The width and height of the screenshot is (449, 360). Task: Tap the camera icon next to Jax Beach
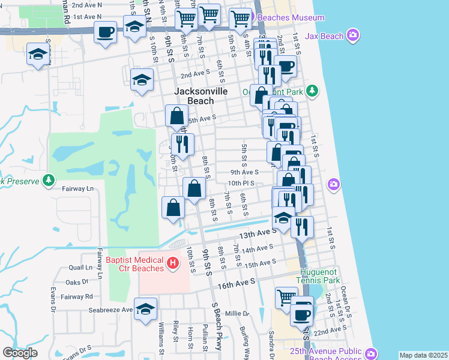pyautogui.click(x=354, y=36)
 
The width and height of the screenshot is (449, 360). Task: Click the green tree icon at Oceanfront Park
pyautogui.click(x=312, y=91)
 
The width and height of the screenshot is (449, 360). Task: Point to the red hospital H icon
pyautogui.click(x=173, y=262)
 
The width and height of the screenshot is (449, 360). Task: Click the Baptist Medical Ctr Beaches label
pyautogui.click(x=134, y=264)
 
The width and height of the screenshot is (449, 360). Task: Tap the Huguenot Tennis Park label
pyautogui.click(x=318, y=275)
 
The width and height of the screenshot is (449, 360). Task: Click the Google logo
pyautogui.click(x=20, y=353)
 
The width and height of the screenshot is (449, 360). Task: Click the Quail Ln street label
pyautogui.click(x=81, y=268)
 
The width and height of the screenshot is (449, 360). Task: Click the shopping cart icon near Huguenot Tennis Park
pyautogui.click(x=286, y=297)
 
